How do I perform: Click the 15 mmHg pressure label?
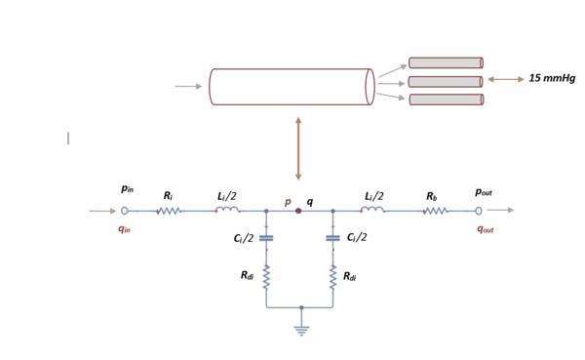coord(552,79)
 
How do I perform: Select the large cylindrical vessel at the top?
coord(291,87)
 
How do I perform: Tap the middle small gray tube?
coord(446,81)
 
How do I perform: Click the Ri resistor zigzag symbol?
coord(169,210)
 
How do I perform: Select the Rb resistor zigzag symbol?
coord(433,210)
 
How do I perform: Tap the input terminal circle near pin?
coord(125,210)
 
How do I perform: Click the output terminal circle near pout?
coord(479,210)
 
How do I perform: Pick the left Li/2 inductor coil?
coord(226,209)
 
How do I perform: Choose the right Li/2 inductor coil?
coord(373,209)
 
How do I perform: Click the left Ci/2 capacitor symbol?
coord(266,238)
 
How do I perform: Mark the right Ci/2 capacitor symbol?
coord(332,238)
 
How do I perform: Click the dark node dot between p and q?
coord(298,210)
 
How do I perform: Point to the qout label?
coord(485,229)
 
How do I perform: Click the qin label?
coord(124,229)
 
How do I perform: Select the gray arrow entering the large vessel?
coord(188,86)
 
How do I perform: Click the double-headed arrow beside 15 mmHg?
coord(504,80)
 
